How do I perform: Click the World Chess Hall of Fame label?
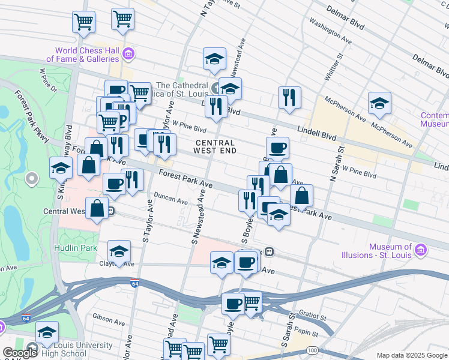87,55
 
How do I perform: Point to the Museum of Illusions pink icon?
420,249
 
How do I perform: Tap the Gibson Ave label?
107,316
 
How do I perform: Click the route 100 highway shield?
312,350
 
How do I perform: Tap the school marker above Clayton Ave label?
119,251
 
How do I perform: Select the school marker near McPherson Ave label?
379,104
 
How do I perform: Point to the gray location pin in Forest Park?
32,178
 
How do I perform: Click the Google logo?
19,353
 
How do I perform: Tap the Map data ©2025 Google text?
411,355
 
